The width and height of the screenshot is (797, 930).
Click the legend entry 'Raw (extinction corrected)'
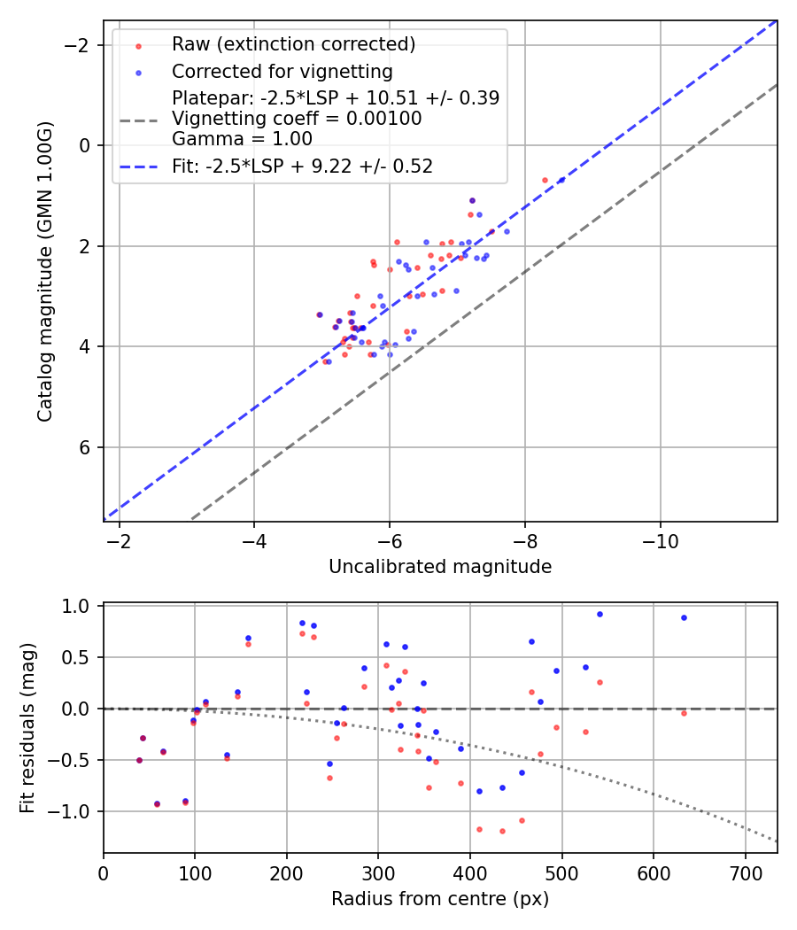(293, 44)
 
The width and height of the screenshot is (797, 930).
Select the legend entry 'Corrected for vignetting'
(282, 71)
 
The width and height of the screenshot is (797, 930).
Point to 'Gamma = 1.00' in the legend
(242, 138)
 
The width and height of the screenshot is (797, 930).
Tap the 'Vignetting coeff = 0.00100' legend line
(297, 119)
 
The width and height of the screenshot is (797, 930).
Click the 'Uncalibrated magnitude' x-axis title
(440, 567)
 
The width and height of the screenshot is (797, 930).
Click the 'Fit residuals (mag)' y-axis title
(27, 728)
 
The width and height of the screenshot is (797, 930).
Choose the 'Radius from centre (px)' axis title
(440, 899)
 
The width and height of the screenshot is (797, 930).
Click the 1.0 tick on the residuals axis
(80, 607)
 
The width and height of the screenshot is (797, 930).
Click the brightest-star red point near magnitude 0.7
(545, 180)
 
